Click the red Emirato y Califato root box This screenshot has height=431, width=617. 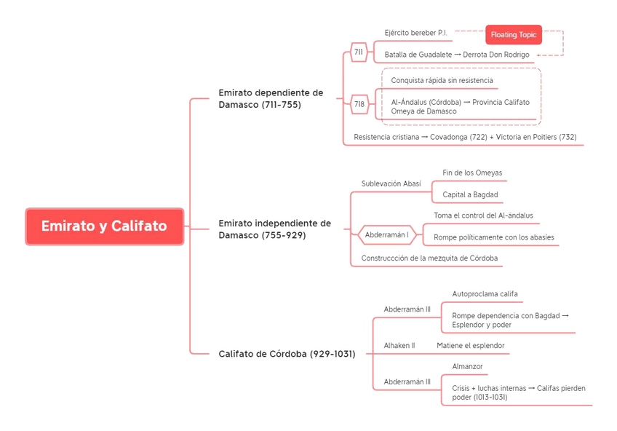click(x=104, y=226)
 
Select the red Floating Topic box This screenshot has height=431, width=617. click(x=513, y=34)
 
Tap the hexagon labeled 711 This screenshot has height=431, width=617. click(x=359, y=52)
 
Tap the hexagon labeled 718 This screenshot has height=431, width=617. click(x=359, y=104)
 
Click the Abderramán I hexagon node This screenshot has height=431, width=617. click(x=386, y=234)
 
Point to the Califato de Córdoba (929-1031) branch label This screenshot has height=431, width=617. click(x=287, y=354)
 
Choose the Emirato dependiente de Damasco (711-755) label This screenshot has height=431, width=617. click(x=271, y=98)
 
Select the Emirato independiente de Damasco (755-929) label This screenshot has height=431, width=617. click(x=274, y=229)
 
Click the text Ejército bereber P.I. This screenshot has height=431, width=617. click(x=415, y=33)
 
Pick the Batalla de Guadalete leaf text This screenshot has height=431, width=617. click(x=457, y=55)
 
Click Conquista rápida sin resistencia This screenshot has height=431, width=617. click(x=442, y=80)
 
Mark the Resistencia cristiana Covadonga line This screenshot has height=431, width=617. click(x=465, y=137)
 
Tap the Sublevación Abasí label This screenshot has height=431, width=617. click(x=391, y=183)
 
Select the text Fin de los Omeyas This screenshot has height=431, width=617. click(x=472, y=173)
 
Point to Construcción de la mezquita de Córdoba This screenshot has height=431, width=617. click(x=429, y=258)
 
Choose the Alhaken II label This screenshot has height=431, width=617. click(x=399, y=345)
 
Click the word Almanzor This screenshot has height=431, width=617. click(x=467, y=366)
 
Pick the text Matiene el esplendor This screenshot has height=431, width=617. click(x=470, y=345)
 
